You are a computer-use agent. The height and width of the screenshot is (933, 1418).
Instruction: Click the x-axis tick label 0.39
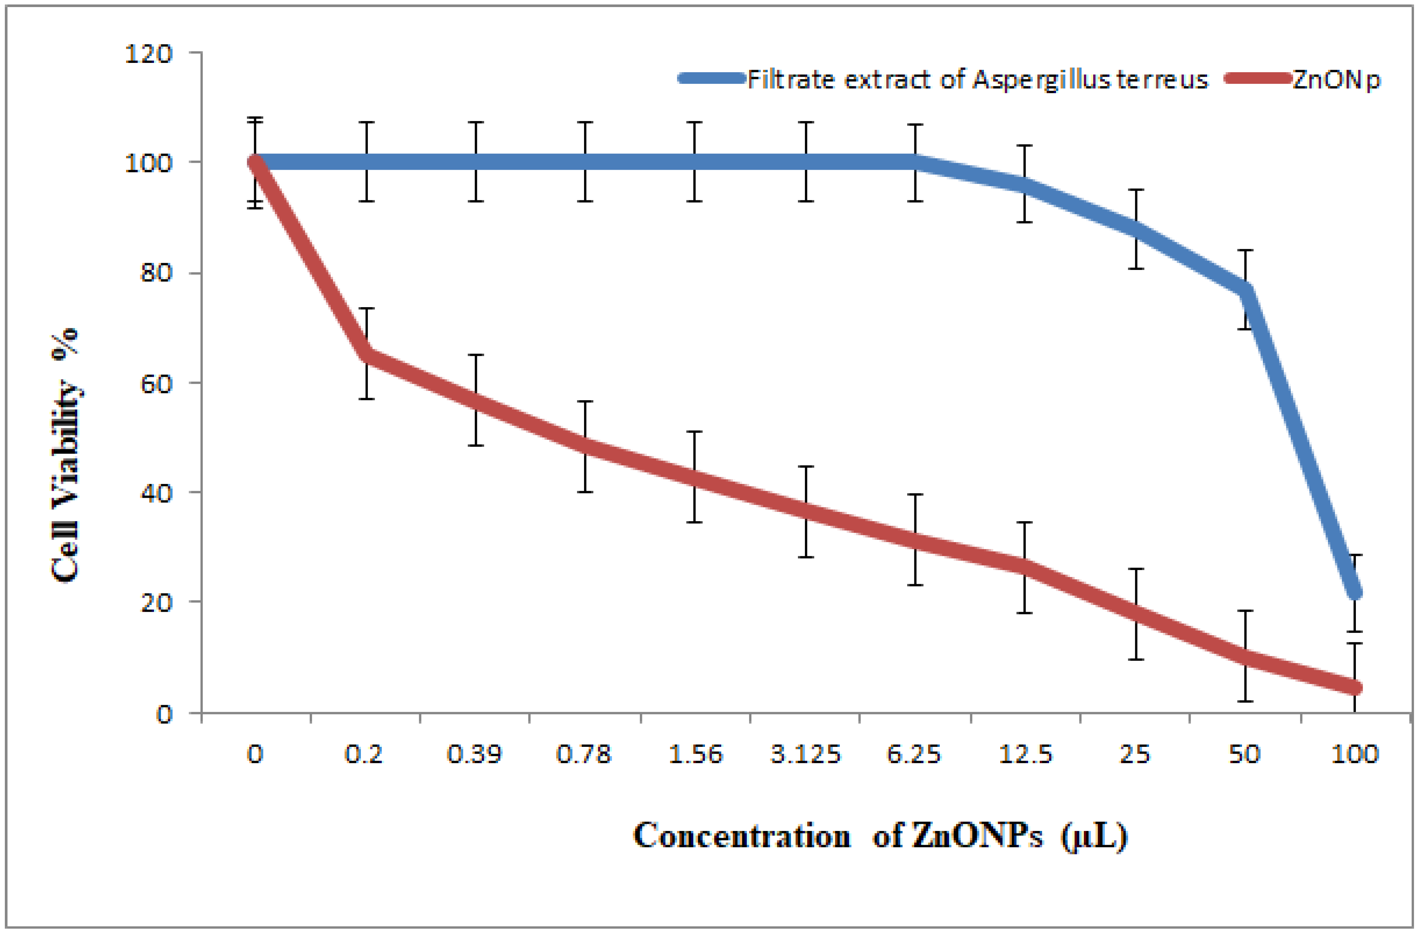475,755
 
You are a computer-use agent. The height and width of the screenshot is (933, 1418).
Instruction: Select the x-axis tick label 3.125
805,755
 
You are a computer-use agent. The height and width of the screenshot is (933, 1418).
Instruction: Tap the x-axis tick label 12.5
1025,755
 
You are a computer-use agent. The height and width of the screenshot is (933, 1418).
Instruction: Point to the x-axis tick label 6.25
914,755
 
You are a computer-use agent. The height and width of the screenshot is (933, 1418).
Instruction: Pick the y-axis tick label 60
156,383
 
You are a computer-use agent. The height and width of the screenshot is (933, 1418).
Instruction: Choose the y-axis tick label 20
156,603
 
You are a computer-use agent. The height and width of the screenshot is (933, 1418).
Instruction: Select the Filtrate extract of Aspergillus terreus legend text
977,79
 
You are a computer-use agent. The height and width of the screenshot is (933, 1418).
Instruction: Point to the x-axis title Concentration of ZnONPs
880,836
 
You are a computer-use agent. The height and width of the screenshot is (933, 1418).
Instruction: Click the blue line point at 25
1136,229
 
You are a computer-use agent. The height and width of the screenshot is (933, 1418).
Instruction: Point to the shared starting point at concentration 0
256,162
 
